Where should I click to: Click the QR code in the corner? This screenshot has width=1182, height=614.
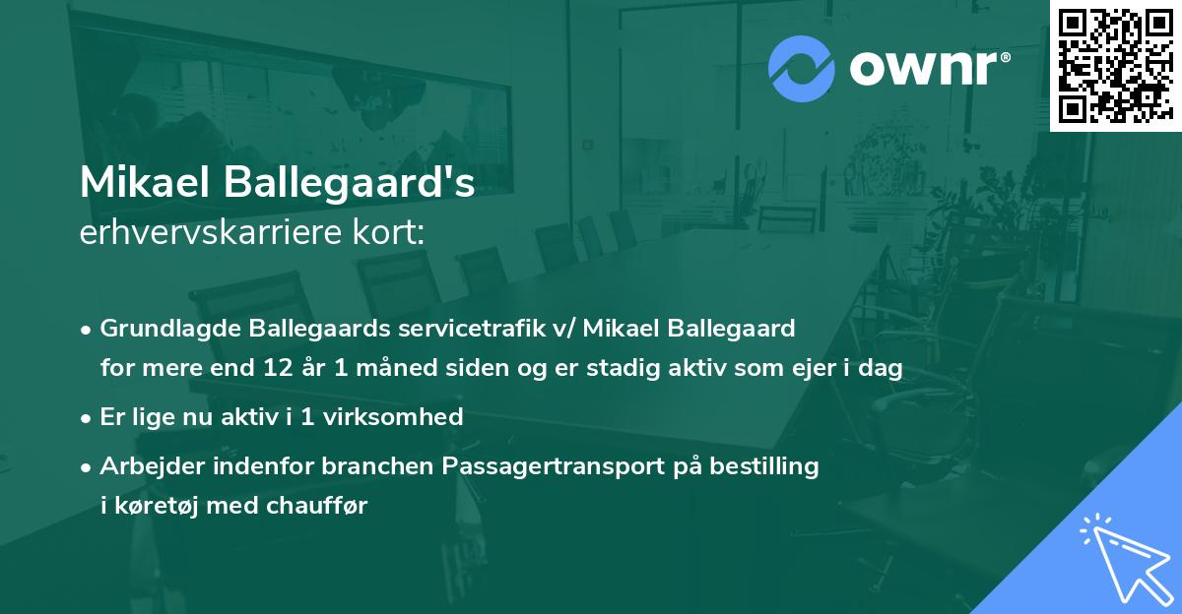[x=1114, y=66]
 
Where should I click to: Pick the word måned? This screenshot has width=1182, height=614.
[x=375, y=368]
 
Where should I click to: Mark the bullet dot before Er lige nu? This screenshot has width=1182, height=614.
[x=88, y=417]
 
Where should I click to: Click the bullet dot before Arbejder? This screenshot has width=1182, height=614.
[x=88, y=466]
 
